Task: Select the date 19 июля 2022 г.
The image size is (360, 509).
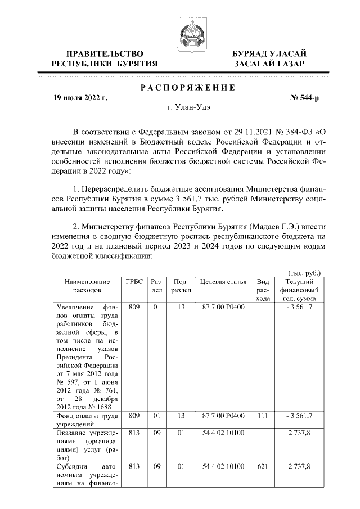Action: [x=79, y=98]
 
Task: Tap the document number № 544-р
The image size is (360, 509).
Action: [x=304, y=98]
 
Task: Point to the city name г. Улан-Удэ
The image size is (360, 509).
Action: [x=188, y=108]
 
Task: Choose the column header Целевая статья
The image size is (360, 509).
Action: [x=222, y=281]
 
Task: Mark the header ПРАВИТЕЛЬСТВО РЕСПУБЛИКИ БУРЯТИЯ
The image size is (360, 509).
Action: [x=105, y=58]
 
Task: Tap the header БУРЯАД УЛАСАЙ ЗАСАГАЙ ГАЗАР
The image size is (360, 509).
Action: [x=270, y=58]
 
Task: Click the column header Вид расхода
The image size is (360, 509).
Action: [x=263, y=290]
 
